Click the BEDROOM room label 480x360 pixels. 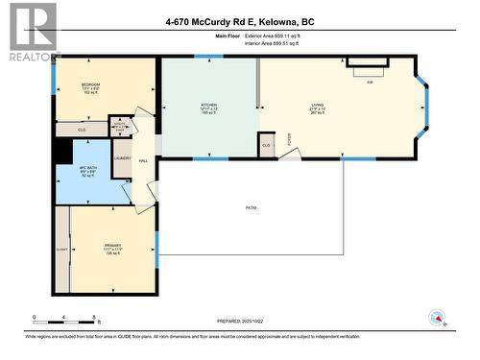click(x=92, y=85)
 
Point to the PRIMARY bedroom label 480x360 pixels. click(x=113, y=246)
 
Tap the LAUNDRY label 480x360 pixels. click(x=122, y=158)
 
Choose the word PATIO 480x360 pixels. click(x=251, y=206)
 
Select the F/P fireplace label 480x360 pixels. click(x=369, y=83)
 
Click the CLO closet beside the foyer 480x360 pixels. click(x=266, y=146)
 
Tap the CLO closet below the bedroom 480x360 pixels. click(x=83, y=127)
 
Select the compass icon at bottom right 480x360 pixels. click(x=437, y=318)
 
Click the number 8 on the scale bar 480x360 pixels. click(x=93, y=317)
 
